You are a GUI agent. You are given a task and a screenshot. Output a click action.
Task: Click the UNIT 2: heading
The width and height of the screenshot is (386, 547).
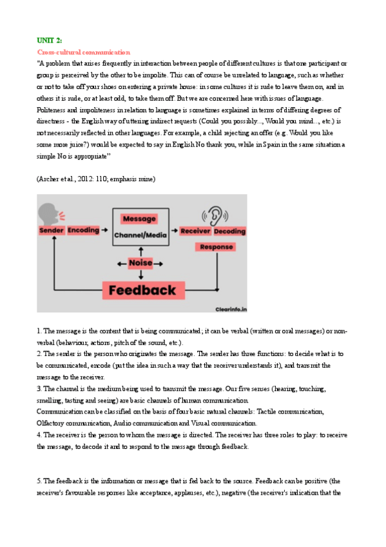[x=49, y=40]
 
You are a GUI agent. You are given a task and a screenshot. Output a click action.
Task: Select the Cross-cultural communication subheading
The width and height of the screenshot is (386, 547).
[x=83, y=52]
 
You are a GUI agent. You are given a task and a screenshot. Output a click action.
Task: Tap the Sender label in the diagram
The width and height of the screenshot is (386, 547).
[x=52, y=230]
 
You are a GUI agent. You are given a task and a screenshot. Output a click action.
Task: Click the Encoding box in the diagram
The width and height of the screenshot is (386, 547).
[x=83, y=230]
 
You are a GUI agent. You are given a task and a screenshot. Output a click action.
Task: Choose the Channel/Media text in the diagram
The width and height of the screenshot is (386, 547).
[x=140, y=235]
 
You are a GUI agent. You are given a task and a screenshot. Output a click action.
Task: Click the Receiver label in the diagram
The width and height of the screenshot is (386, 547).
[x=196, y=230]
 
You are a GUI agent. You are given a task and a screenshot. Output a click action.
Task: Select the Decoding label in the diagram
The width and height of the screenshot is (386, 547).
[x=229, y=230]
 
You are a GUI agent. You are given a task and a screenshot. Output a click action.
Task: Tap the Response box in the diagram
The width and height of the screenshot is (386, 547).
[x=217, y=247]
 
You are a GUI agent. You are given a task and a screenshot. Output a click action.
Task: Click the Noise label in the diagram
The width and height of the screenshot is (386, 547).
[x=140, y=263]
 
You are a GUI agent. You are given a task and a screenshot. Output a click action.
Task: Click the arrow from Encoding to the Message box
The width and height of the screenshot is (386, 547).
[x=106, y=230]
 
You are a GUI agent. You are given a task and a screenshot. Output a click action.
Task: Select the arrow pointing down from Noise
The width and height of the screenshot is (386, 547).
[x=140, y=274]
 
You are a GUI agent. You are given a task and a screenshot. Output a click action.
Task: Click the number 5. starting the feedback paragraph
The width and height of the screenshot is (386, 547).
[x=39, y=481]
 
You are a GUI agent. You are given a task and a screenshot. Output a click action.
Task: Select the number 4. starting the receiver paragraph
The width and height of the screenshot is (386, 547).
[x=39, y=435]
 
